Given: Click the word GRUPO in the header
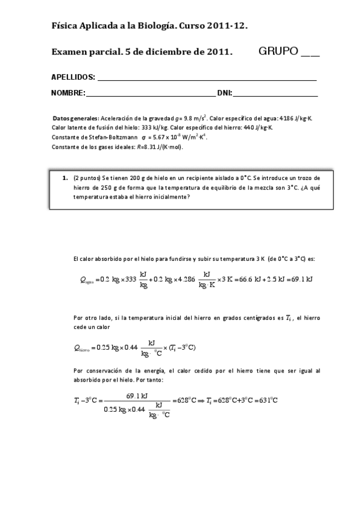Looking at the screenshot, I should pyautogui.click(x=278, y=51).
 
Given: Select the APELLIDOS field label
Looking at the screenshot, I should pyautogui.click(x=73, y=77).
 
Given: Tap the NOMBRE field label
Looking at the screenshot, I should pyautogui.click(x=67, y=93).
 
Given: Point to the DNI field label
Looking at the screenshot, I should pyautogui.click(x=224, y=93).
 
